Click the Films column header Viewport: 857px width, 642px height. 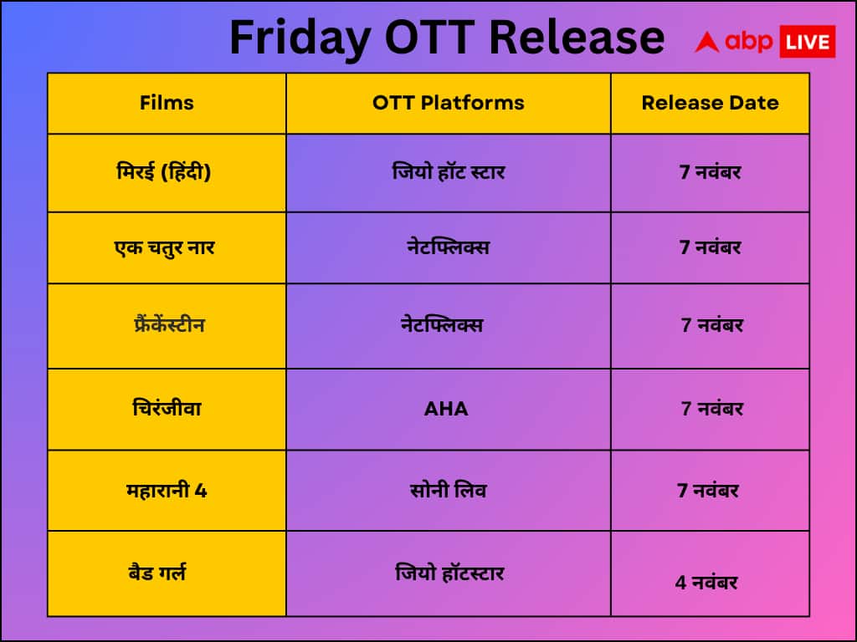tap(167, 103)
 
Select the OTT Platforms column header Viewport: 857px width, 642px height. tap(448, 103)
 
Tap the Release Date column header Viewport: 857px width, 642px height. tap(710, 103)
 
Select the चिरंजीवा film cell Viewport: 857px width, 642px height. tap(167, 409)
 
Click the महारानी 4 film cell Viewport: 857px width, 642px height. tap(167, 490)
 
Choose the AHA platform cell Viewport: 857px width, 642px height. tap(446, 409)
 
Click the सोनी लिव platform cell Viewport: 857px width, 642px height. tap(448, 490)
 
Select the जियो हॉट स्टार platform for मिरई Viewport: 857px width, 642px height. tap(448, 172)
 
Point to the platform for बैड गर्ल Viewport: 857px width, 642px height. tap(449, 573)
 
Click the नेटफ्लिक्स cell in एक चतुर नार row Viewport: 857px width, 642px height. tap(444, 247)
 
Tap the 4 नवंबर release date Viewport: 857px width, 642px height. tap(706, 582)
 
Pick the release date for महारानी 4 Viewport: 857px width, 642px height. tap(708, 490)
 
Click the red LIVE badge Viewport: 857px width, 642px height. tap(807, 42)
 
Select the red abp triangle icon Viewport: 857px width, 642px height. tap(707, 42)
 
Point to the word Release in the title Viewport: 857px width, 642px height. tap(577, 38)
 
